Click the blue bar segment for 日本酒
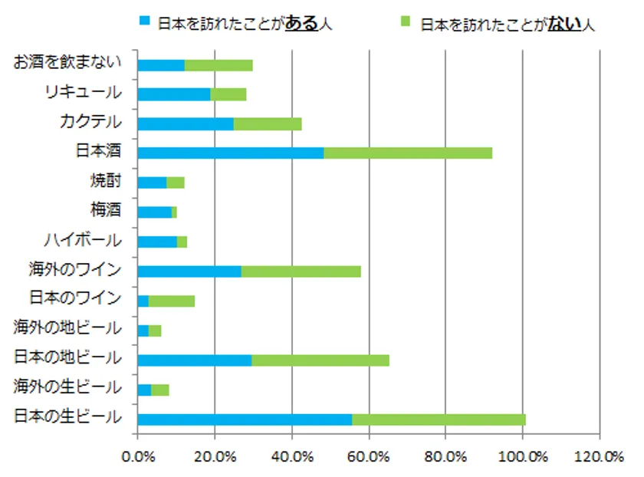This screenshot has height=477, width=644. (x=230, y=153)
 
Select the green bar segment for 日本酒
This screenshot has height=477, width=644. (x=408, y=153)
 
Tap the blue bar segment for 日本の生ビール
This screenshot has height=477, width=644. (x=245, y=419)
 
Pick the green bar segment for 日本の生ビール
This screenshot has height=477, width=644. (x=439, y=419)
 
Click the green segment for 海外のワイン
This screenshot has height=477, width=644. (x=301, y=271)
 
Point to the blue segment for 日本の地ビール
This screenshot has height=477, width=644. (x=195, y=360)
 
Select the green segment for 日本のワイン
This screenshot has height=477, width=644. (x=172, y=301)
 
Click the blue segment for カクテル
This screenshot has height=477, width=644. (x=186, y=123)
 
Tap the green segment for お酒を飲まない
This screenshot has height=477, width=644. (x=219, y=64)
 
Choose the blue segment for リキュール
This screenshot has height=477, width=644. (x=174, y=94)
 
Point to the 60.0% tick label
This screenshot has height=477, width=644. (x=369, y=458)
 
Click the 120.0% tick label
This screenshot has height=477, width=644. (x=600, y=458)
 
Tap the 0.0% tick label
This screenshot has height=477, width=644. (x=138, y=458)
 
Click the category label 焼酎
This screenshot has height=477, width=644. (x=104, y=182)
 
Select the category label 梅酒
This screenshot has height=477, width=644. (x=104, y=211)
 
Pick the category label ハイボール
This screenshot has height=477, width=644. (x=83, y=240)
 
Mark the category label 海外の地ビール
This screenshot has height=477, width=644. (x=67, y=329)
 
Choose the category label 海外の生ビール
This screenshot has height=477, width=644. (x=67, y=388)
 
